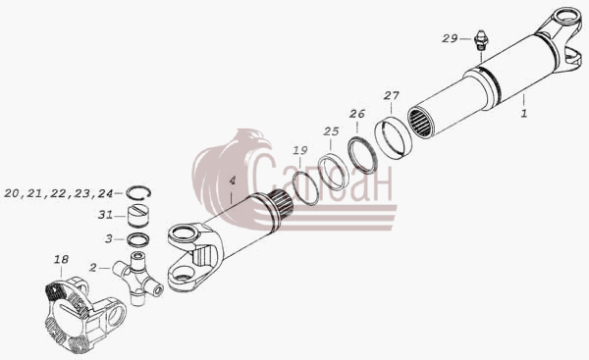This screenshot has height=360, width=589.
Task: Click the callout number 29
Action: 450,38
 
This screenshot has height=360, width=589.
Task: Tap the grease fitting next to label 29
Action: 479,40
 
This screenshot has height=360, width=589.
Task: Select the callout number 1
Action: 524,113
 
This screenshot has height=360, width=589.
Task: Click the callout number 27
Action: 392,96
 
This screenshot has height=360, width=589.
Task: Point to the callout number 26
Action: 357,114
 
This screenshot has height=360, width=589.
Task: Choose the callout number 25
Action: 331,131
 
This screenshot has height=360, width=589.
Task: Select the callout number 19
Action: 300,150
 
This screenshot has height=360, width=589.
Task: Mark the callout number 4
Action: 232,180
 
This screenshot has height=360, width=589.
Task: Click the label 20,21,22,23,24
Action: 59,193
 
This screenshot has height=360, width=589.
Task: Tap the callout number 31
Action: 105,215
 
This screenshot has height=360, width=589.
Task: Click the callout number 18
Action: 61,259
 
